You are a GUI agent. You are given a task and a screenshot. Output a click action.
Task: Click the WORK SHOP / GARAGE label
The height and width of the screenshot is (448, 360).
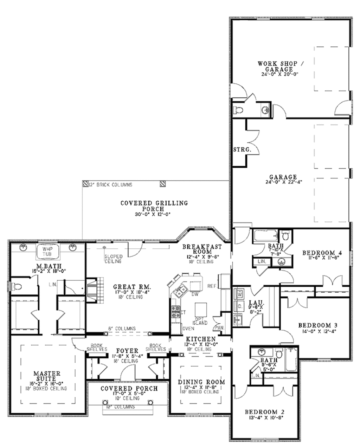coord(282,66)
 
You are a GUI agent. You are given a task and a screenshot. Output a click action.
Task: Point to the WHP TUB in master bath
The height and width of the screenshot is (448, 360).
coord(47,251)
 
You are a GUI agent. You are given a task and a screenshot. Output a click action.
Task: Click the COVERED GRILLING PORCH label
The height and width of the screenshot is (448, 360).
coord(154,206)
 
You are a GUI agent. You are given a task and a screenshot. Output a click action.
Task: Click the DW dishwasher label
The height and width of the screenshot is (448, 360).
coord(194,294)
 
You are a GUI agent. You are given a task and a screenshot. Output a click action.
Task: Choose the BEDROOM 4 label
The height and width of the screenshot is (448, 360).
coord(322,252)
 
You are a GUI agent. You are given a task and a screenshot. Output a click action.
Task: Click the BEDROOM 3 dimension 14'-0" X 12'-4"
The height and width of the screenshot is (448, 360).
coord(314,331)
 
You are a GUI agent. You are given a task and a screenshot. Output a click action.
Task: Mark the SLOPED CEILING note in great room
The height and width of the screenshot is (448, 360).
coord(113,259)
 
